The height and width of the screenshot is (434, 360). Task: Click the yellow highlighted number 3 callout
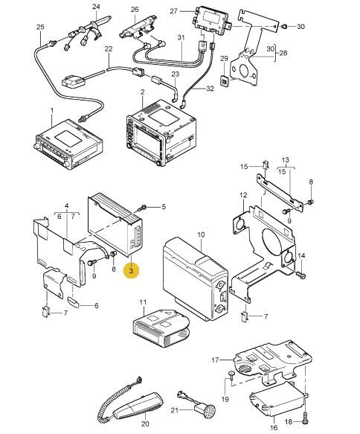click(131, 270)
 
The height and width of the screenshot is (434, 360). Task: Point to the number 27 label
click(173, 11)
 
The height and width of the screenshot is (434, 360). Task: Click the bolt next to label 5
click(143, 207)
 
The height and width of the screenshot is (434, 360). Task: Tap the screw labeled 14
click(300, 274)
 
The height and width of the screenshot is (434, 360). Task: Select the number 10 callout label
click(201, 234)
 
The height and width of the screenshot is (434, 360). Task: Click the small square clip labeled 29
click(224, 81)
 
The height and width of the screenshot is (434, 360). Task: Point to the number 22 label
click(109, 49)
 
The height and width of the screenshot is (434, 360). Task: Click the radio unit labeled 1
click(68, 144)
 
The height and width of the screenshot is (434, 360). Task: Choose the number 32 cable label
click(210, 89)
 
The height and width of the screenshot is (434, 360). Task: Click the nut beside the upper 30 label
click(283, 27)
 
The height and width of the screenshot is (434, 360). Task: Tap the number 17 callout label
click(216, 360)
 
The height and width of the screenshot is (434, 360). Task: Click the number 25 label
click(40, 27)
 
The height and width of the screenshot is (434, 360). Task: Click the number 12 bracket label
click(243, 195)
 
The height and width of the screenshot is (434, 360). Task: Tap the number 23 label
click(176, 74)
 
